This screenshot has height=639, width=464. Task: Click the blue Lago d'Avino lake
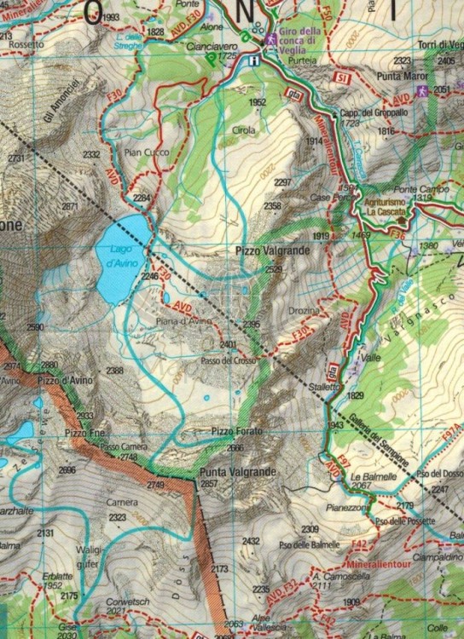pyautogui.click(x=123, y=256)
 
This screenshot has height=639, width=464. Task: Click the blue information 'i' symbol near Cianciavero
pyautogui.click(x=255, y=60)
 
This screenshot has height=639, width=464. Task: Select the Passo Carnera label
pyautogui.click(x=118, y=446)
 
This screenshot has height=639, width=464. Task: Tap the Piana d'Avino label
pyautogui.click(x=183, y=321)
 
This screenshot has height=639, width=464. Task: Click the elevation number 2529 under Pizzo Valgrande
pyautogui.click(x=273, y=270)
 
